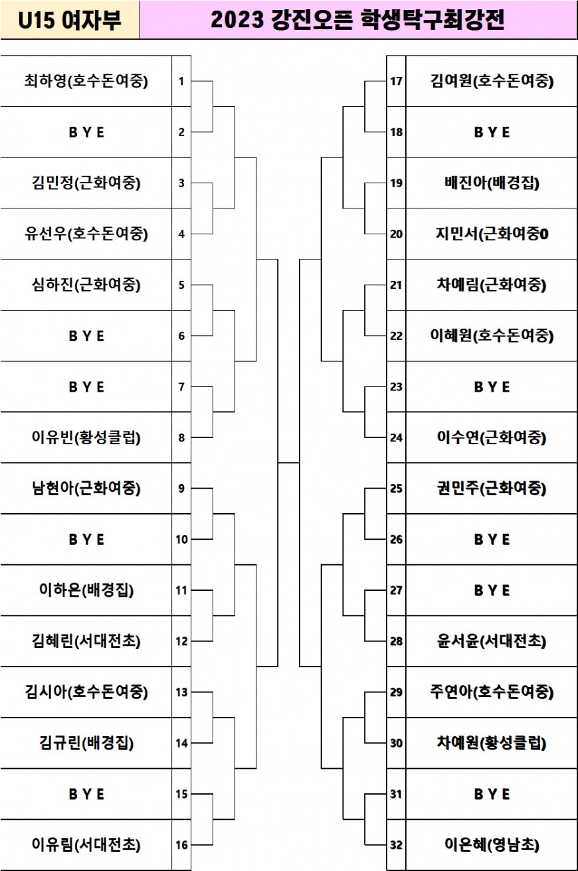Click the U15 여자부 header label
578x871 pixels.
coord(70,20)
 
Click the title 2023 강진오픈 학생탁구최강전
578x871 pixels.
coord(357,20)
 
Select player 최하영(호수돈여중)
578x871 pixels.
coord(86,81)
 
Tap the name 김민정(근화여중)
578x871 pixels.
coord(86,183)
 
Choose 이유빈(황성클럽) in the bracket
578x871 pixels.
coord(86,437)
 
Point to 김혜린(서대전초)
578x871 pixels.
coord(86,641)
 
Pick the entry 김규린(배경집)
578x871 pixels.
coord(86,743)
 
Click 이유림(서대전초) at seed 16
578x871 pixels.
coord(86,844)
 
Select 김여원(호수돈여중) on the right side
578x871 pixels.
coord(492,81)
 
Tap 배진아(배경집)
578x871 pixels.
coord(492,183)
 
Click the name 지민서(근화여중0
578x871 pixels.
coord(492,234)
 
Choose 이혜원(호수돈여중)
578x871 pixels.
coord(492,335)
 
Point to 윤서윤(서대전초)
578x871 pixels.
coord(492,641)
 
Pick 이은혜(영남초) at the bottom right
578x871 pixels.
coord(492,844)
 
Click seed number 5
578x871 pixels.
coord(181,285)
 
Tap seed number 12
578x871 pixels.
coord(181,641)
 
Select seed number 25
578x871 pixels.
coord(396,489)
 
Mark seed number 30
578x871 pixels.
coord(396,743)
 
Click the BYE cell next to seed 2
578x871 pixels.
coord(86,132)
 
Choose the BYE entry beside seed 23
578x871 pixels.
coord(492,387)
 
